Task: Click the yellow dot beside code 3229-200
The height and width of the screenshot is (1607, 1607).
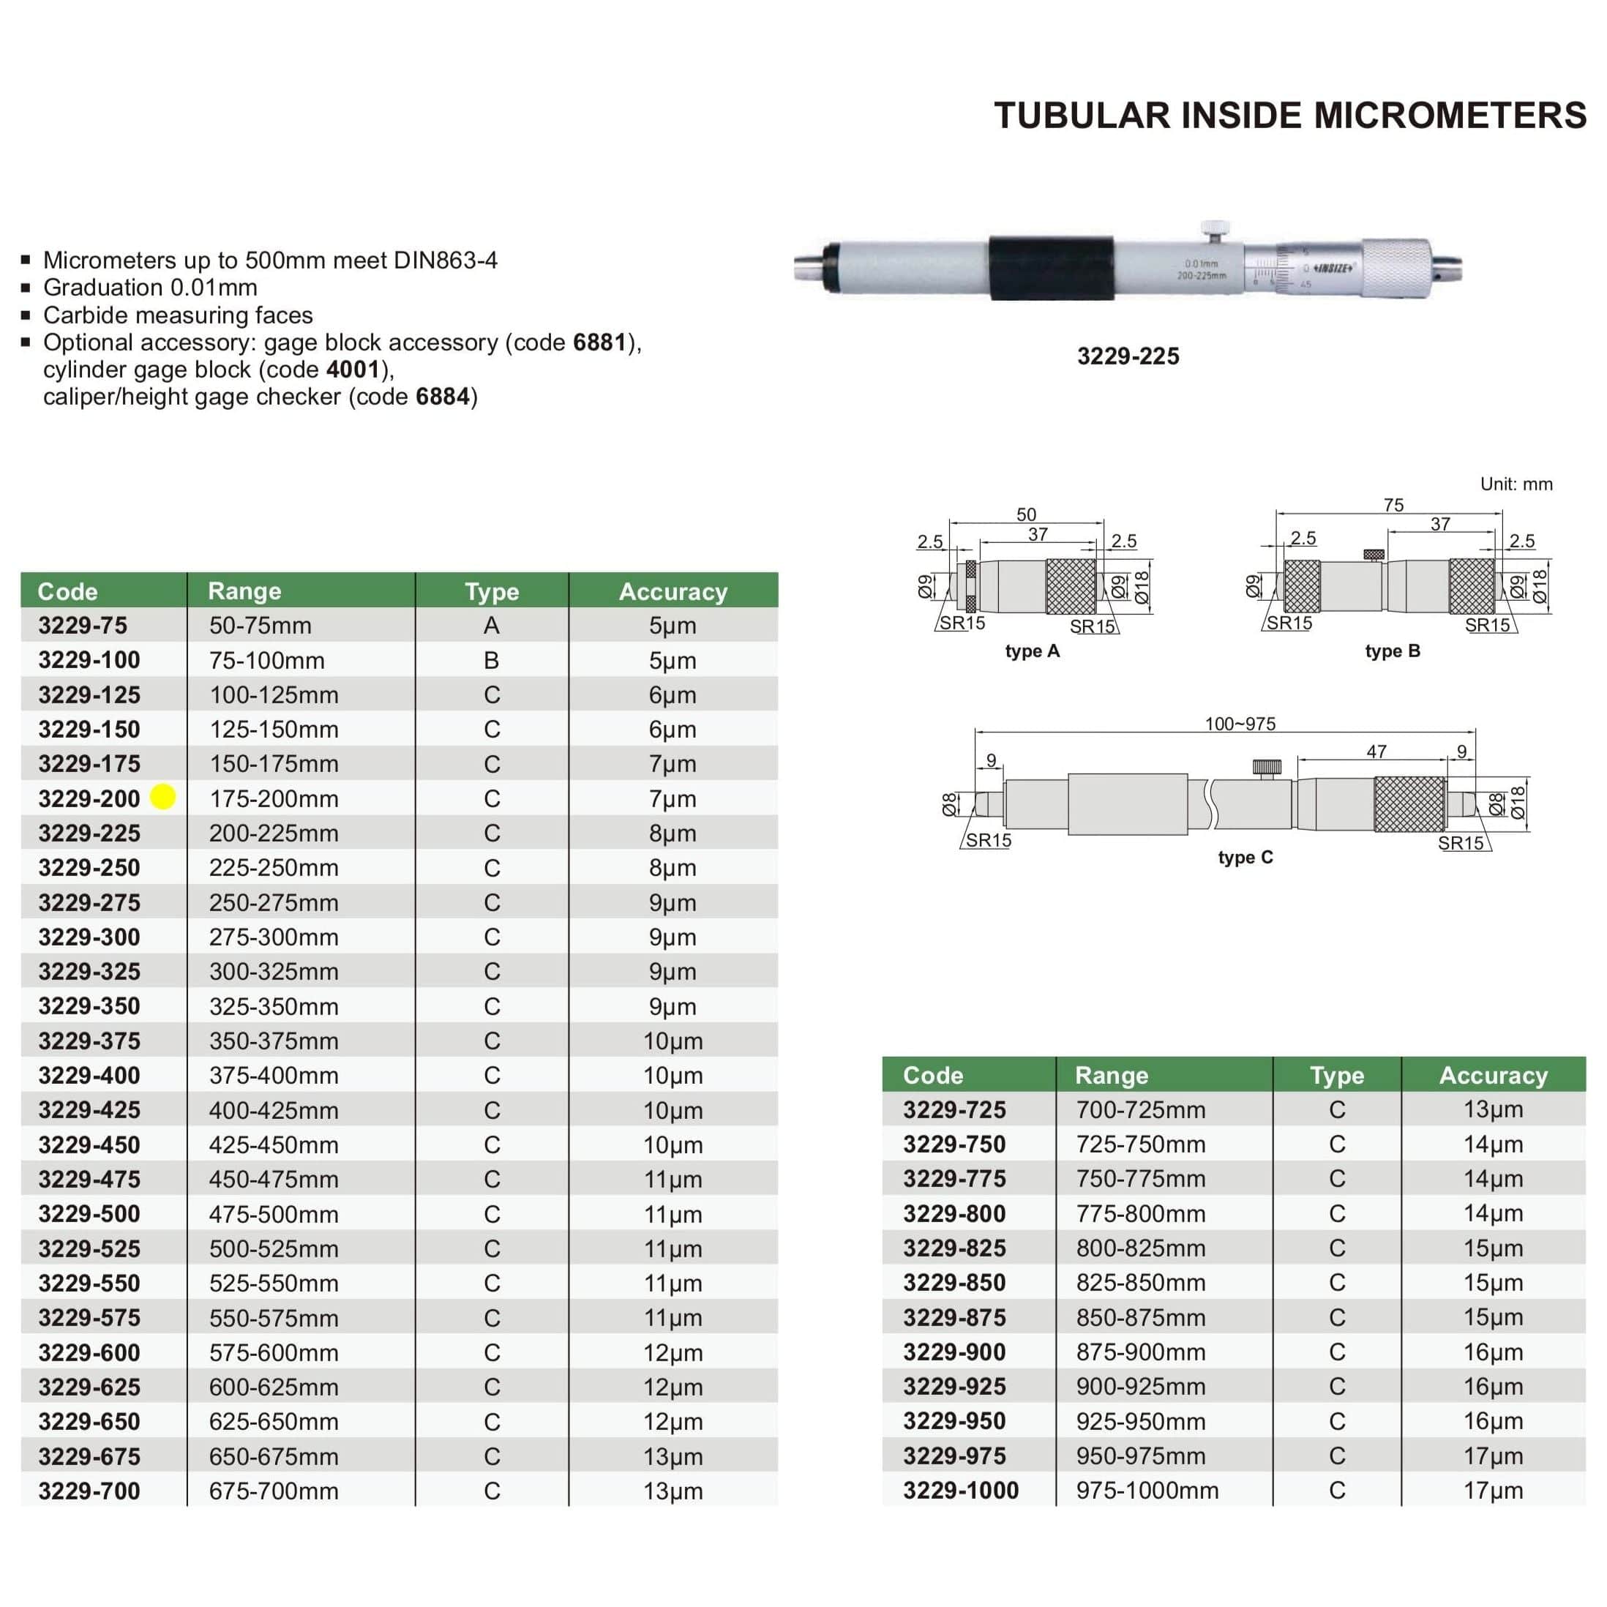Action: (163, 797)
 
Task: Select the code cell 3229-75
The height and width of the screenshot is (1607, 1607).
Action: (83, 626)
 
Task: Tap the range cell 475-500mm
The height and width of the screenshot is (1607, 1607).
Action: (274, 1215)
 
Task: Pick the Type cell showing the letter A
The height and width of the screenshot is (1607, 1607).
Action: (492, 626)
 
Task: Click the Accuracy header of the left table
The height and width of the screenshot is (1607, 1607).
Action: (673, 591)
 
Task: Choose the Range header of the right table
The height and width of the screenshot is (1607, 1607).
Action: (1112, 1076)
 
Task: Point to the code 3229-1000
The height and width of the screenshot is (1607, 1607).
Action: (961, 1491)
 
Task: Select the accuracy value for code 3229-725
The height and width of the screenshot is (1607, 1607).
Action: (1493, 1109)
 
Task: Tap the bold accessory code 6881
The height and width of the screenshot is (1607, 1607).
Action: (599, 342)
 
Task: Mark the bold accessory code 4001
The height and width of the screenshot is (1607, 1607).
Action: (353, 370)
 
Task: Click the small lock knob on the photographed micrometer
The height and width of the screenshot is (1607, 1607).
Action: (1215, 228)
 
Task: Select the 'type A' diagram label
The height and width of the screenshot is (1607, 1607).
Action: (1033, 651)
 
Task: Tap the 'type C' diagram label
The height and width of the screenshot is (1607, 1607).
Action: (1245, 858)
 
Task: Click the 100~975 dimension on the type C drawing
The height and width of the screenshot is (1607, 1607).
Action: (1240, 724)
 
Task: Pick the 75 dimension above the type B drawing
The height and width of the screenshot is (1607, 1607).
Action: (1393, 505)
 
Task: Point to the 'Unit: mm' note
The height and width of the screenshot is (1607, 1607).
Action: (1516, 484)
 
